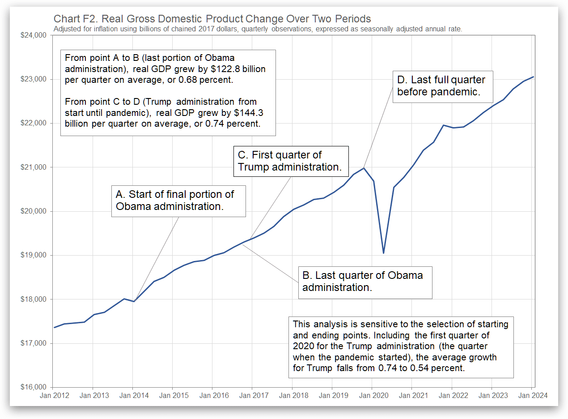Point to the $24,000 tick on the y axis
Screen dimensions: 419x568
(x=34, y=35)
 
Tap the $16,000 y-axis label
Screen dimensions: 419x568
(x=34, y=387)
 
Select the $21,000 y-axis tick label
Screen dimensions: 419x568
(x=34, y=167)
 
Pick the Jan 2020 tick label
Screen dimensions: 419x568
(x=372, y=396)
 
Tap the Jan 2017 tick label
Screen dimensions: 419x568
(x=252, y=396)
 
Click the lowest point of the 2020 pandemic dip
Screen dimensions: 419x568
(x=383, y=253)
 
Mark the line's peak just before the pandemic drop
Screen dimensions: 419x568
(x=363, y=168)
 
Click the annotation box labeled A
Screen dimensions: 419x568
(x=178, y=201)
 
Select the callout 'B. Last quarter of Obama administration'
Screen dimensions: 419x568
(x=365, y=281)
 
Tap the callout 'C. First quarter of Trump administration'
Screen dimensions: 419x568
(x=291, y=161)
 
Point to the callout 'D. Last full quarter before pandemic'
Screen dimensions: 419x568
(x=442, y=86)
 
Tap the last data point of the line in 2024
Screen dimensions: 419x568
(x=533, y=77)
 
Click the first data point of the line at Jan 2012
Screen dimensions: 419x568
(x=54, y=327)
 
